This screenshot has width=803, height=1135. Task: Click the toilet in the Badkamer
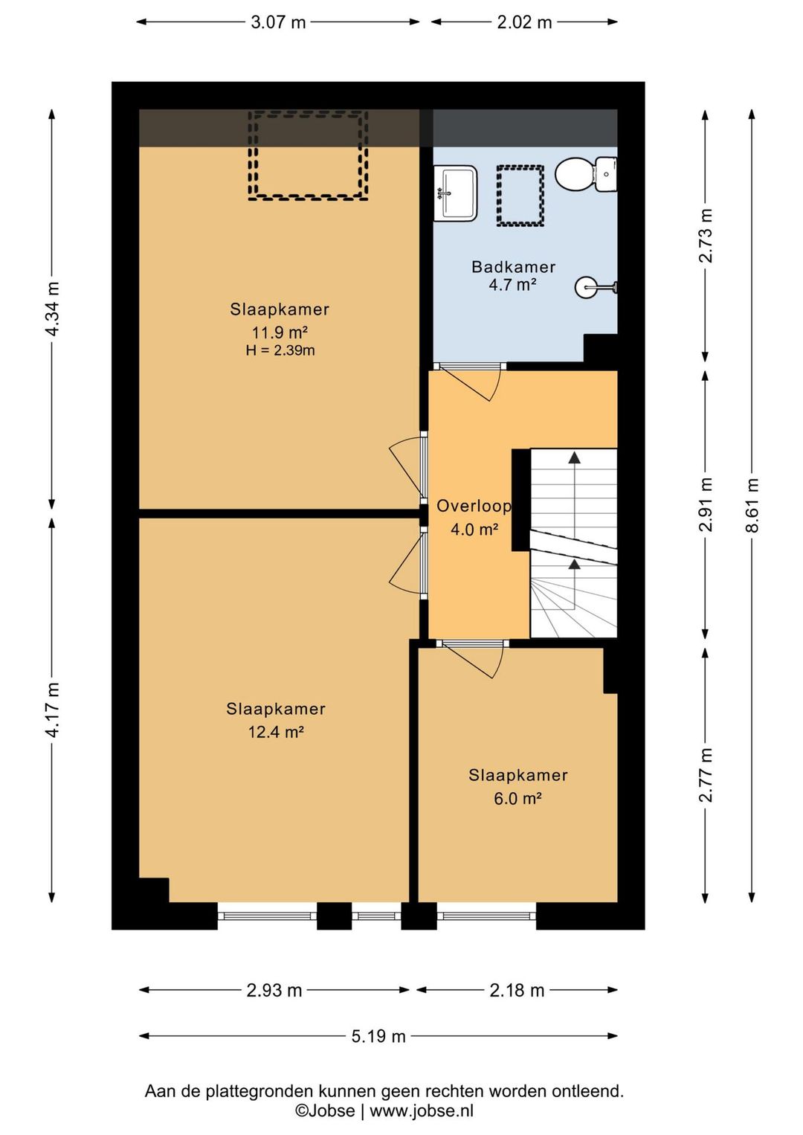point(586,174)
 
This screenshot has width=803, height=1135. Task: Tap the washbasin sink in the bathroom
point(455,193)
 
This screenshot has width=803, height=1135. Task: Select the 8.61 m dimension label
point(752,505)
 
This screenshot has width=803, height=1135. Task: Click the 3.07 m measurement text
point(278,22)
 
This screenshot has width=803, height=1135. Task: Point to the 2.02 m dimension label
point(524,22)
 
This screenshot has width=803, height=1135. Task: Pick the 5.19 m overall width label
point(378,1036)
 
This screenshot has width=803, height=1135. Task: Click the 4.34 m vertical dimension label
point(52,309)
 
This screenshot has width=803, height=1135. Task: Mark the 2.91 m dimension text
point(705,504)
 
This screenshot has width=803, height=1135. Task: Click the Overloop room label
point(474,506)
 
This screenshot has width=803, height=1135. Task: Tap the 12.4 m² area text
point(276,732)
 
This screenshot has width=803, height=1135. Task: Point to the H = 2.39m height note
point(280,350)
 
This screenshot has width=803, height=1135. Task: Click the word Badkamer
point(513,266)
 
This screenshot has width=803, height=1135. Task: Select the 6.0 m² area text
point(517,799)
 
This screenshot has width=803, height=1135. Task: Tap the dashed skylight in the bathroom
point(520,196)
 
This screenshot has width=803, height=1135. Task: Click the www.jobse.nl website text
point(422,1111)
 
